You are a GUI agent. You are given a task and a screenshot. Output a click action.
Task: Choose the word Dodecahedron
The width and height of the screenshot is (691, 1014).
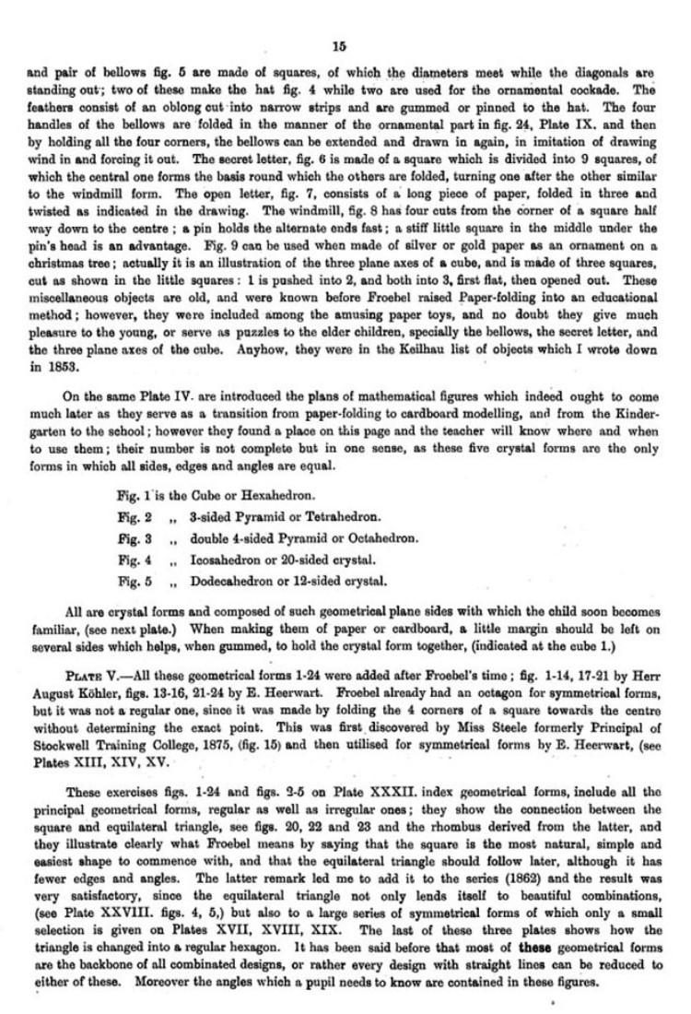coord(226,582)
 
